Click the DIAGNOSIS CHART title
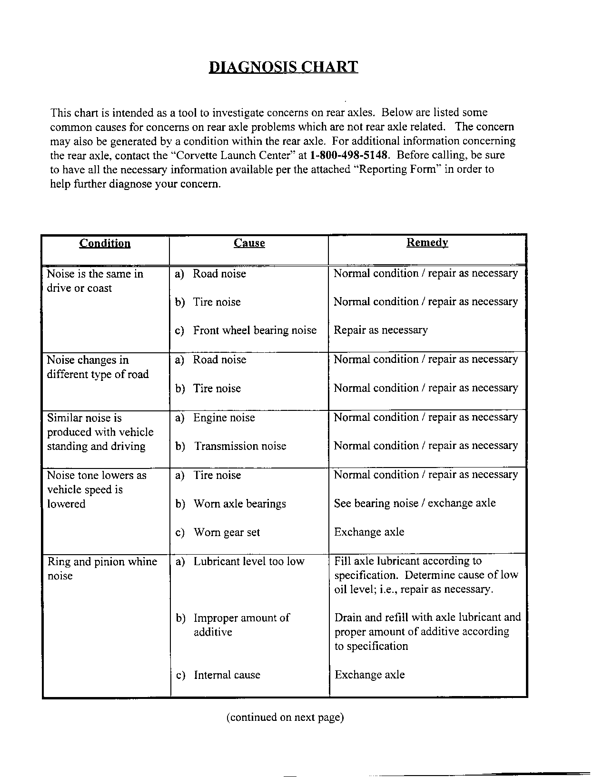click(x=283, y=67)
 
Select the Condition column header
click(x=105, y=243)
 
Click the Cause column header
click(x=249, y=243)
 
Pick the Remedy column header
click(x=427, y=243)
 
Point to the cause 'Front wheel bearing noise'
click(x=255, y=330)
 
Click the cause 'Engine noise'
click(x=224, y=418)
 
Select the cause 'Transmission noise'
click(x=240, y=446)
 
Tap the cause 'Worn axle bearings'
click(x=239, y=504)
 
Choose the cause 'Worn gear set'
click(x=227, y=532)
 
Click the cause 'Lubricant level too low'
click(x=248, y=561)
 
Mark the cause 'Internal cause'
click(x=227, y=675)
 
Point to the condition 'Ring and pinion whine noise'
click(x=102, y=568)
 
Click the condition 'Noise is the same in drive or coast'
click(x=95, y=281)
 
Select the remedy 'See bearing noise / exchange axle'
click(x=415, y=503)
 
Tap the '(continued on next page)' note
click(x=285, y=717)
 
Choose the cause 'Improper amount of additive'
click(x=241, y=625)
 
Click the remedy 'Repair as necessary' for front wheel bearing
click(x=380, y=330)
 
